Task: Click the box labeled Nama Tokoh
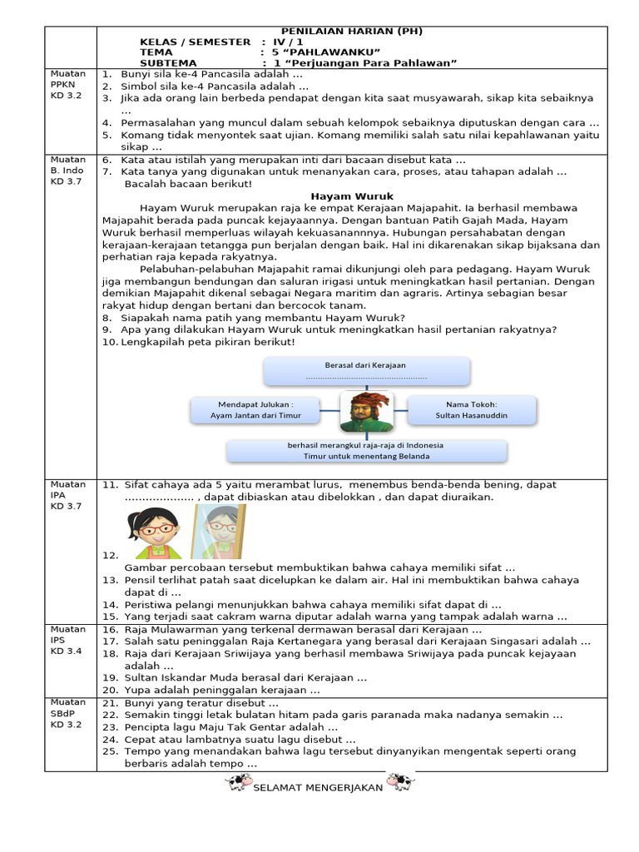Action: [x=472, y=409]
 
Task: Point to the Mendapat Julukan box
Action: [x=255, y=409]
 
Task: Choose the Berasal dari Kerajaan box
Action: [x=366, y=371]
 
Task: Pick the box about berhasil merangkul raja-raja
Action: [x=366, y=451]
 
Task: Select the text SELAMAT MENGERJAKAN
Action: [x=318, y=787]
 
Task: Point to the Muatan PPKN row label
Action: [x=68, y=85]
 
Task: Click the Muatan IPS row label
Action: [x=68, y=640]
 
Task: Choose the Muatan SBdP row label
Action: [x=68, y=715]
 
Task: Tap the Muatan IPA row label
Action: [x=68, y=495]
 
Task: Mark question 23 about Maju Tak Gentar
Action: [x=225, y=727]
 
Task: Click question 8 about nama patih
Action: [x=263, y=318]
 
